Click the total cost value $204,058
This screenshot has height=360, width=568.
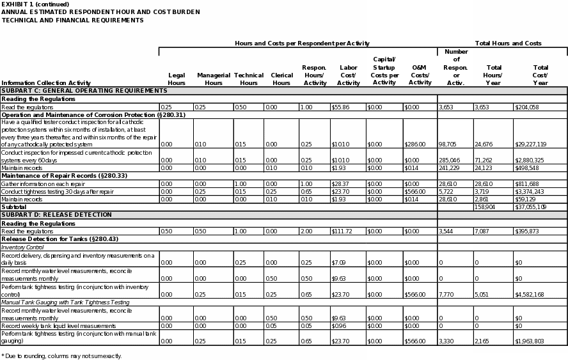click(527, 107)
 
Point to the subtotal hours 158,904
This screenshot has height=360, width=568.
click(485, 207)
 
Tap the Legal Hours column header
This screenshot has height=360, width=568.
click(177, 79)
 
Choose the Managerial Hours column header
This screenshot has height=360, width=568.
click(214, 79)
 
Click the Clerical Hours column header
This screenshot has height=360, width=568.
click(281, 79)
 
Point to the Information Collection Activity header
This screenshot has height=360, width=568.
click(46, 82)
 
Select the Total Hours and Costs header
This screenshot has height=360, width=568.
click(508, 43)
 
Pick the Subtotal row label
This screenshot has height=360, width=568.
click(13, 207)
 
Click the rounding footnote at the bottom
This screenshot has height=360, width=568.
click(61, 356)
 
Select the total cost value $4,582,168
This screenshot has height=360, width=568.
click(530, 294)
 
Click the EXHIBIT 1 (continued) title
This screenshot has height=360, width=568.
click(35, 4)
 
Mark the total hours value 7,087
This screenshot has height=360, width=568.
click(483, 231)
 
